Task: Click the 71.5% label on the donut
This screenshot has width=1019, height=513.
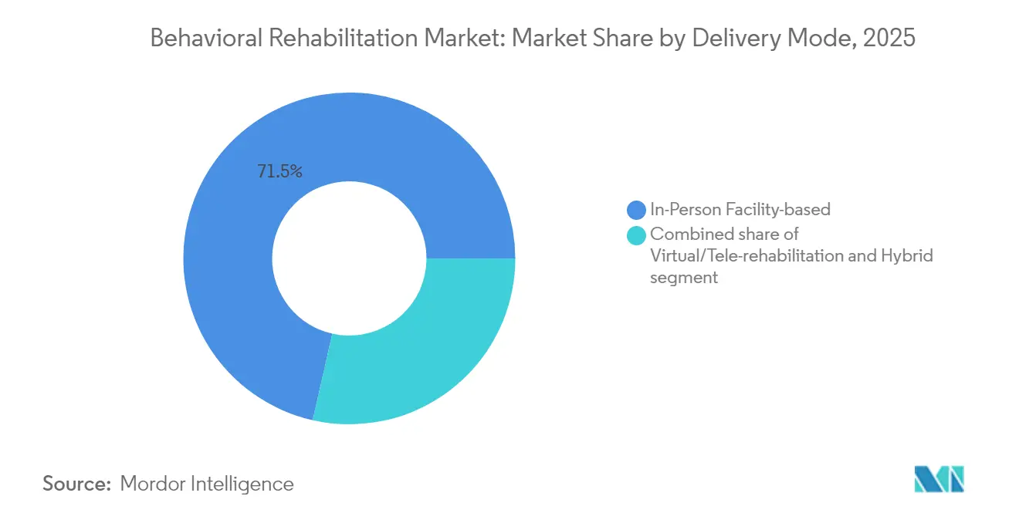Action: (279, 172)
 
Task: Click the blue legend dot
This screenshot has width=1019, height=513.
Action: (636, 210)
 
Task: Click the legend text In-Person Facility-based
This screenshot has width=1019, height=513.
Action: (740, 210)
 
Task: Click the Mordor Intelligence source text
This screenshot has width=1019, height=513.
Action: (207, 484)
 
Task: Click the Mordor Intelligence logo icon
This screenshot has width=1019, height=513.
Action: (939, 479)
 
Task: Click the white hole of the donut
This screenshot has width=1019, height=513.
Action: (349, 258)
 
